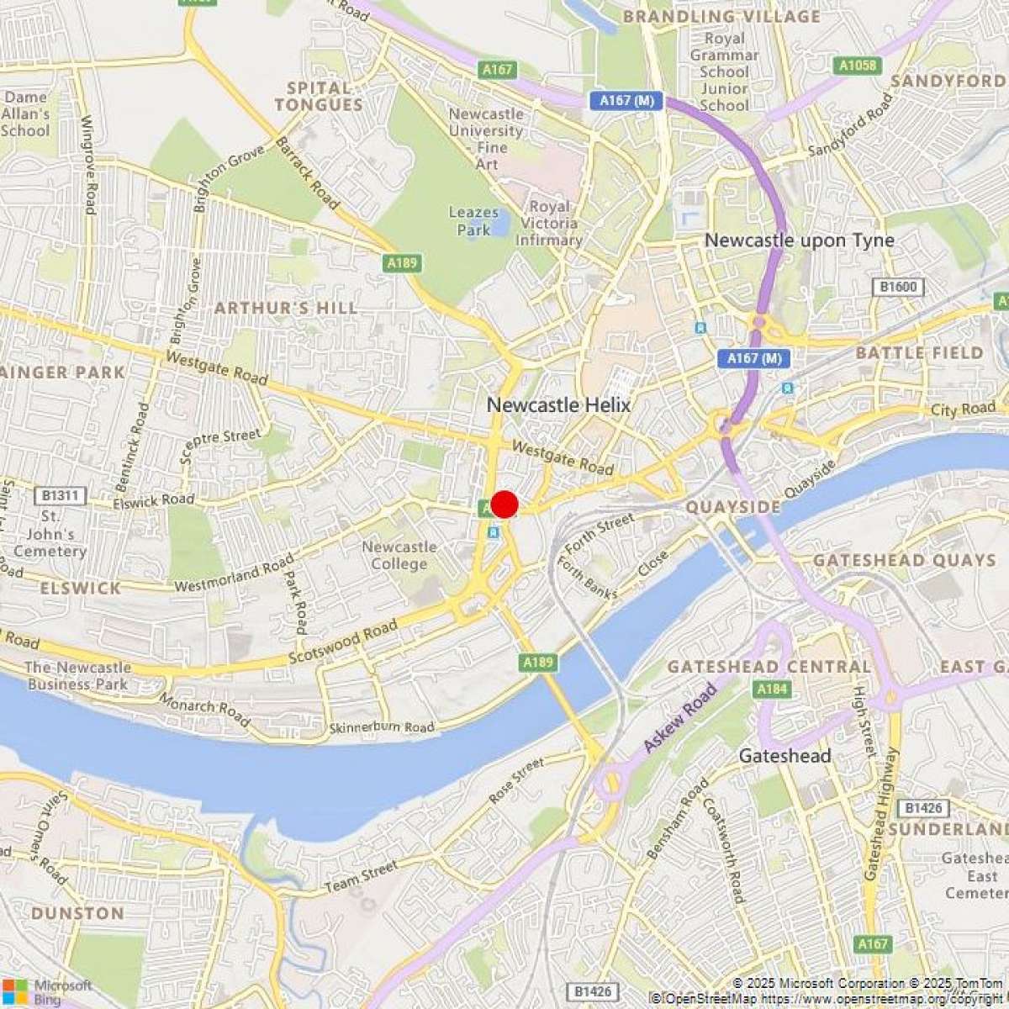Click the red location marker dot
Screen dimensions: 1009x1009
(504, 504)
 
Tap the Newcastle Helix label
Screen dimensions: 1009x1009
(558, 405)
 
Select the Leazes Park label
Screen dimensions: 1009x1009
(473, 221)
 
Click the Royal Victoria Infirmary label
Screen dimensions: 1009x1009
(548, 223)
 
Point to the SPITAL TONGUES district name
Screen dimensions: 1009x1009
(319, 97)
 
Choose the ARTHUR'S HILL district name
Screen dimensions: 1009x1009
(286, 308)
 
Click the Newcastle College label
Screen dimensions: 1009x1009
(399, 555)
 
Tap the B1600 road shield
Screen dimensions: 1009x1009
(898, 288)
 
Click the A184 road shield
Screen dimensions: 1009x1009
(772, 689)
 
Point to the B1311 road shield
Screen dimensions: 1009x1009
(60, 495)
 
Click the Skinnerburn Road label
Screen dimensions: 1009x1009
(382, 727)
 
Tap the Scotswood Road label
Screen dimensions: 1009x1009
(342, 643)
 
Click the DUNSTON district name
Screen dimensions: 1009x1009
(77, 913)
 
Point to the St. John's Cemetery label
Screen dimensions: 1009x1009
(50, 534)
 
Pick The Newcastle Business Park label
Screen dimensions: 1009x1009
(77, 676)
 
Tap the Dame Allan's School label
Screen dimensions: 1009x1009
(25, 114)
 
